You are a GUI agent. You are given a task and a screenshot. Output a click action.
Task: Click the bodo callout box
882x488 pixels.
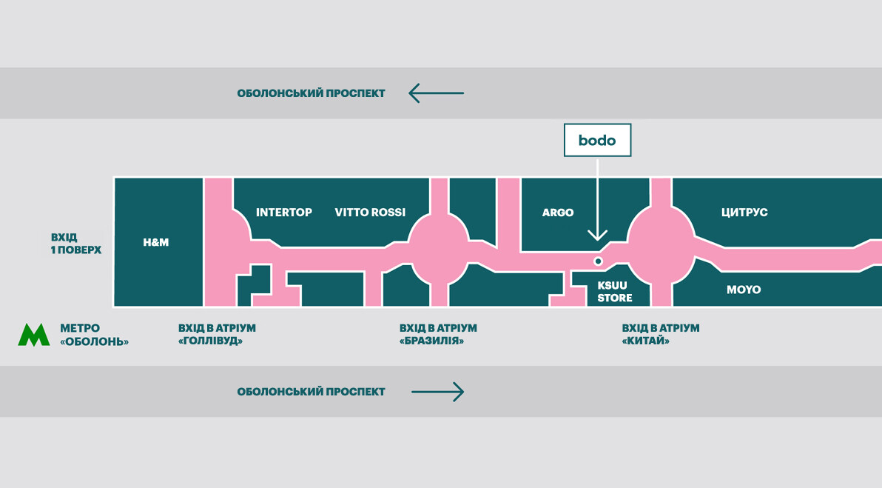(597, 140)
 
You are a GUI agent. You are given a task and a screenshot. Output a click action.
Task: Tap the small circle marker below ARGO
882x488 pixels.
(598, 261)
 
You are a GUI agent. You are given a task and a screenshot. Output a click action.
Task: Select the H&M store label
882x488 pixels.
(156, 242)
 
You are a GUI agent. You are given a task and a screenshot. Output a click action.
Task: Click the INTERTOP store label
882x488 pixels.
(284, 213)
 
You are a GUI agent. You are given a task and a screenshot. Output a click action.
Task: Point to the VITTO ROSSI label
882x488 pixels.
(370, 213)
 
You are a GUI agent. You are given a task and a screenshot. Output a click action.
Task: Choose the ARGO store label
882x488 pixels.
(558, 213)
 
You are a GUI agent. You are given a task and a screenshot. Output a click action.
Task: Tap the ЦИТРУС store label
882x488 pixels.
(744, 213)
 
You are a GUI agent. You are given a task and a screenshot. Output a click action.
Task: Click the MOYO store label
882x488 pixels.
(744, 290)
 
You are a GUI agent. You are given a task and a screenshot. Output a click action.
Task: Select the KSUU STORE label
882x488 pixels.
(615, 292)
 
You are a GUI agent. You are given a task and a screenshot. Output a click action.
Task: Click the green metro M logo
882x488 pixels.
(34, 335)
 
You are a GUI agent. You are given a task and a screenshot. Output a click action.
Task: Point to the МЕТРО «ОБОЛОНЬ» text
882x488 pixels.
(94, 335)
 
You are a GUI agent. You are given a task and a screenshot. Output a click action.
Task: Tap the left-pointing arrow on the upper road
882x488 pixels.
(436, 93)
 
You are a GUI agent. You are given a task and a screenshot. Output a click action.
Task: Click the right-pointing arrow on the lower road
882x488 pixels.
(437, 392)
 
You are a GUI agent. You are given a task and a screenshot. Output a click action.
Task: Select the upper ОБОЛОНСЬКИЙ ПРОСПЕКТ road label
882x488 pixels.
(311, 93)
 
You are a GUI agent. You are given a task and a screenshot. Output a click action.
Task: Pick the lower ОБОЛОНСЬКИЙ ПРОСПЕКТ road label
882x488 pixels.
(311, 392)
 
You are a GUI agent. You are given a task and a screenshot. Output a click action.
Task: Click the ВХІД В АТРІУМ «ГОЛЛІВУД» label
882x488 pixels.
(217, 335)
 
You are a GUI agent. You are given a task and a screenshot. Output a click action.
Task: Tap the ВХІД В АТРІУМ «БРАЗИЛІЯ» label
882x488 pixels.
(438, 335)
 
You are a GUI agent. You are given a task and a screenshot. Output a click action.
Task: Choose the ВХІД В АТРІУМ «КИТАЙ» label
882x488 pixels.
(661, 335)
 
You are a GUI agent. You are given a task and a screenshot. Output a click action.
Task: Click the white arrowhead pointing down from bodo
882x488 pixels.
(597, 235)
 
